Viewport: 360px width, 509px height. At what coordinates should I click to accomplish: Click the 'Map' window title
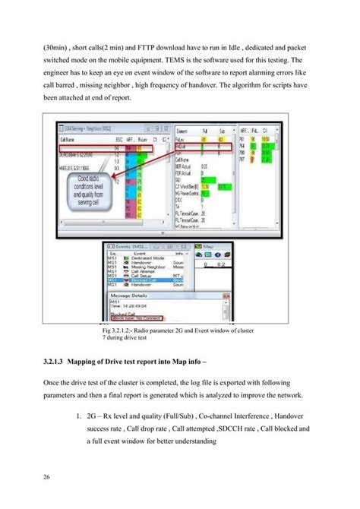[207, 246]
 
